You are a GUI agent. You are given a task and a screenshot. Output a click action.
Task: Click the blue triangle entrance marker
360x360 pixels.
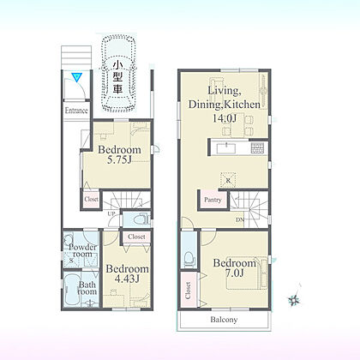77,77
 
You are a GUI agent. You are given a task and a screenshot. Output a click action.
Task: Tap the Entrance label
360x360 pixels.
76,111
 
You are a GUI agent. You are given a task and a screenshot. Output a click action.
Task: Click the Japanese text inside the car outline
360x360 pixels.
117,77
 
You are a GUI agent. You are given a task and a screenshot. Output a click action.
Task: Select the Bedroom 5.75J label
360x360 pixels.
119,154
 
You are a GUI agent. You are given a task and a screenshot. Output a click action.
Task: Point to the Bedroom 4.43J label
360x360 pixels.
127,273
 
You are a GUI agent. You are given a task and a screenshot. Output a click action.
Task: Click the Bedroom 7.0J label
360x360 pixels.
235,267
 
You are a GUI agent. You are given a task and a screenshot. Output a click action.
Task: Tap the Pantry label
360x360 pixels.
213,200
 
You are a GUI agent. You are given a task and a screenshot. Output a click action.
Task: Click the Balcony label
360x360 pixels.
224,320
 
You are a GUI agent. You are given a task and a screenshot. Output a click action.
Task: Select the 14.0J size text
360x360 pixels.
225,118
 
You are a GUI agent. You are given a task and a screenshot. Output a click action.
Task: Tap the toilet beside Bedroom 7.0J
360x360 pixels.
189,259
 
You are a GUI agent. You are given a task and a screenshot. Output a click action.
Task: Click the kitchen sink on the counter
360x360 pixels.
226,148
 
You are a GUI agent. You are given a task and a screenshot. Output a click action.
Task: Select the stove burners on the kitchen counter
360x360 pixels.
257,148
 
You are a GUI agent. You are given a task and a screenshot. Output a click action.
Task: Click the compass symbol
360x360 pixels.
294,297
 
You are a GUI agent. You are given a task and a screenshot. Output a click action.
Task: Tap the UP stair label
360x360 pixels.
111,213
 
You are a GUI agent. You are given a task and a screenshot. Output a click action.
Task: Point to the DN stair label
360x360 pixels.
240,219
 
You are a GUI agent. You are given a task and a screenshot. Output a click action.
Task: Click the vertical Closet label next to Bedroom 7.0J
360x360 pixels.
189,291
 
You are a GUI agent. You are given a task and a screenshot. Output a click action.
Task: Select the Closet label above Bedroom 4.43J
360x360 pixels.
136,237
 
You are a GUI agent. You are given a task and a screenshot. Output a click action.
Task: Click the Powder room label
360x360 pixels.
82,250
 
